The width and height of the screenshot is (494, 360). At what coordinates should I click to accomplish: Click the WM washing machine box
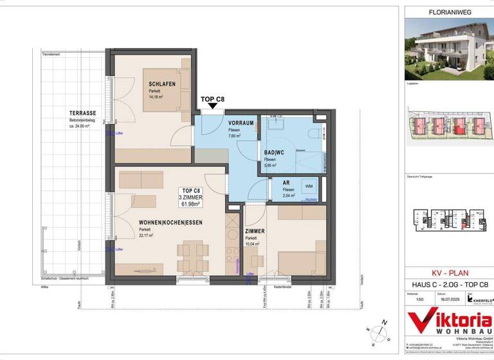308,186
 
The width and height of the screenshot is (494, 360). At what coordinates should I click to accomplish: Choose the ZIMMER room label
256,230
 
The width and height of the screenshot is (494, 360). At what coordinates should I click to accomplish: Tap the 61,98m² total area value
193,204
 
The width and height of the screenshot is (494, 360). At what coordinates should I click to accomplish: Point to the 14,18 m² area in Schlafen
156,97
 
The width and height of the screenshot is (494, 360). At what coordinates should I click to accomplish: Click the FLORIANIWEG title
446,12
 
